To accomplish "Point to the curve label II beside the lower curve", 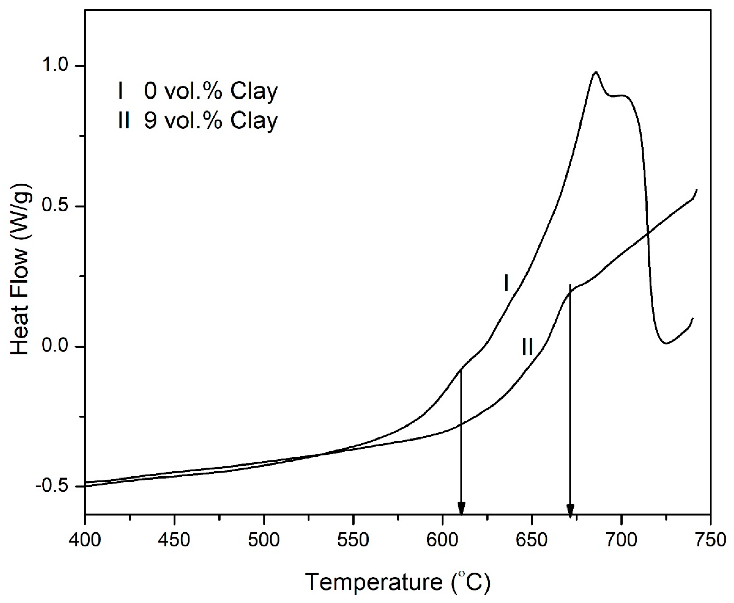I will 527,347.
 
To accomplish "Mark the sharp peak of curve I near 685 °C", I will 596,72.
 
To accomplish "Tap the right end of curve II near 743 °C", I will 697,189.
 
